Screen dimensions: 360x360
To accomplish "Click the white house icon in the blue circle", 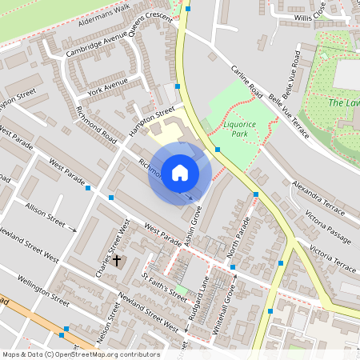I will click(x=180, y=173).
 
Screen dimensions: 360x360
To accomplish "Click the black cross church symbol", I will click(x=117, y=261).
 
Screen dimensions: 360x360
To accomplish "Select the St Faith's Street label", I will click(x=164, y=286).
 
